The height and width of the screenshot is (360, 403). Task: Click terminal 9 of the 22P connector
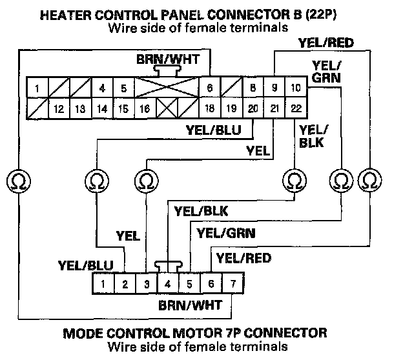[x=274, y=88]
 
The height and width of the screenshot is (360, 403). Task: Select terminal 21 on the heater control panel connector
[x=274, y=108]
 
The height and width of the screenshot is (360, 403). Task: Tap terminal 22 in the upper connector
[x=296, y=108]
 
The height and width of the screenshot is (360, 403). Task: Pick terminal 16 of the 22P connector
[x=144, y=109]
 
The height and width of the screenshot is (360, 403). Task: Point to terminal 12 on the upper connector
[x=58, y=109]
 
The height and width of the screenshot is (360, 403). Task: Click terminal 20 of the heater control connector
[x=253, y=108]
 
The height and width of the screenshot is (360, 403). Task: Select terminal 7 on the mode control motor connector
[x=232, y=283]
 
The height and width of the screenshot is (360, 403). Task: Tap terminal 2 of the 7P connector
[x=125, y=283]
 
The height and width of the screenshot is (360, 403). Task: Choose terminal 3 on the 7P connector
[x=147, y=283]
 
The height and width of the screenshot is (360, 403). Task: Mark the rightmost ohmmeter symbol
[x=369, y=178]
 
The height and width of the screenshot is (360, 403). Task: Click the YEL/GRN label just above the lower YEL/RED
[x=226, y=232]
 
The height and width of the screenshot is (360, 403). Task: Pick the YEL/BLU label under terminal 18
[x=214, y=130]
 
